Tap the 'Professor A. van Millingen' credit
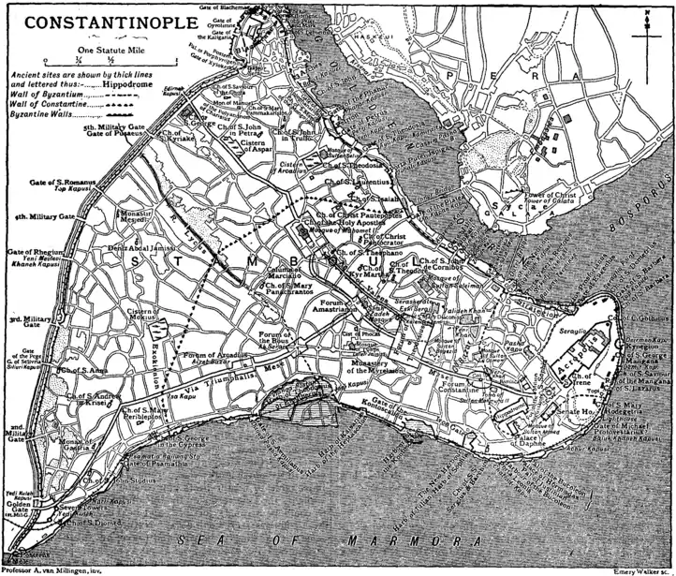[51, 569]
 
